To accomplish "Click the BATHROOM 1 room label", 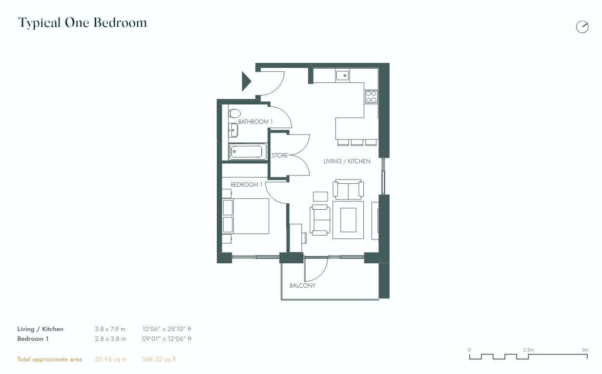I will (255, 122).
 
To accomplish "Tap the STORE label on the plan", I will (280, 156).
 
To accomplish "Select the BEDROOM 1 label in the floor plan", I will (247, 185).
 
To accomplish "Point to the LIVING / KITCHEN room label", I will (347, 161).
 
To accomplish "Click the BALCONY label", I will (302, 286).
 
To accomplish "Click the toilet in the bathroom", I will (234, 113).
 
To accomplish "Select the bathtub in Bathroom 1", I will (248, 151).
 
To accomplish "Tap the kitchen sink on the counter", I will (342, 75).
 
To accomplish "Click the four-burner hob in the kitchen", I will (371, 97).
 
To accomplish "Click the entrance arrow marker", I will (246, 81).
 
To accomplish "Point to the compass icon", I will (582, 27).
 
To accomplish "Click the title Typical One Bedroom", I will (83, 23).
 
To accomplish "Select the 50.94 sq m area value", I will (110, 359).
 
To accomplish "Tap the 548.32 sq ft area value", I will (159, 359).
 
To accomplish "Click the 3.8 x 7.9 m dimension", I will (110, 329).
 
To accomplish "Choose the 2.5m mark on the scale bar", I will (528, 350).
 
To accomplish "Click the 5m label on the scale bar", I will (585, 350).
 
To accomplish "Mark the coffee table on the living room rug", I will (348, 219).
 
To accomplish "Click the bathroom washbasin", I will (234, 130).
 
